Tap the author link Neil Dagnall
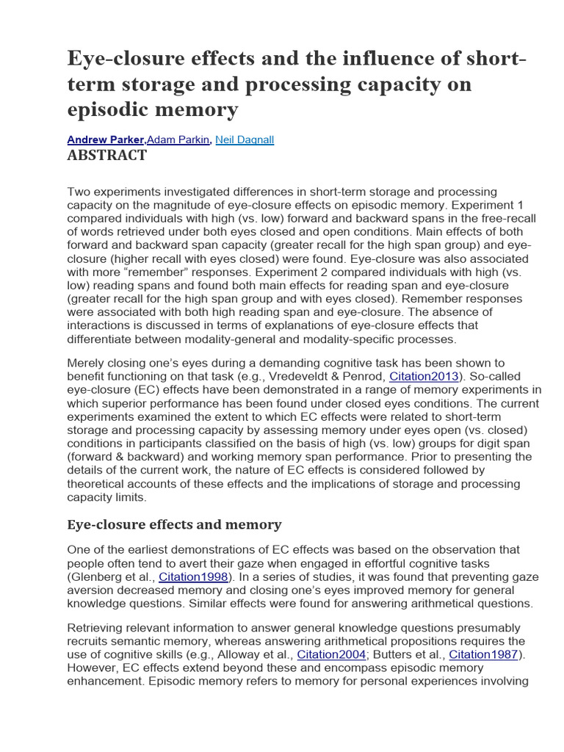click(x=245, y=140)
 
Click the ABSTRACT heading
click(x=106, y=156)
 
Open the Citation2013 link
click(x=424, y=376)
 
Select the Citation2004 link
click(x=332, y=654)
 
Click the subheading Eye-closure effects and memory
click(x=174, y=524)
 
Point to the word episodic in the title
click(x=104, y=110)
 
